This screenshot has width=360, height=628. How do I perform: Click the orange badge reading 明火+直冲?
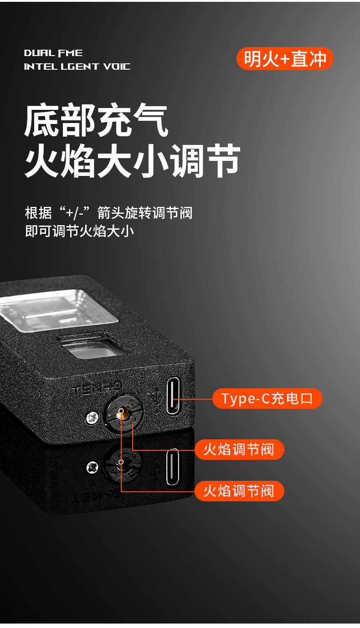[285, 59]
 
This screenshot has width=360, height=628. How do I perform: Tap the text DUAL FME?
[53, 53]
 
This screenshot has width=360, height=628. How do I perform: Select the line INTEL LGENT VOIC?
[77, 67]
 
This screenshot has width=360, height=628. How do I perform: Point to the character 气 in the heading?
[150, 120]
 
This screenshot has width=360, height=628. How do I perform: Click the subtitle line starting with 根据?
[109, 213]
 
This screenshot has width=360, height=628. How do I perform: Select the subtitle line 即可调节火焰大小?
[79, 232]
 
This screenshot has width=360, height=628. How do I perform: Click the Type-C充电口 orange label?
[267, 398]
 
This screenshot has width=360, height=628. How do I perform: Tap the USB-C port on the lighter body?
[173, 396]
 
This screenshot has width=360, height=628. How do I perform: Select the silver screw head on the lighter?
[92, 418]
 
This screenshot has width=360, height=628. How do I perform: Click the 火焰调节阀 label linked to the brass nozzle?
[239, 491]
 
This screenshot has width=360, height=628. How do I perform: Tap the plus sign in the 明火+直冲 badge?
[285, 59]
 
